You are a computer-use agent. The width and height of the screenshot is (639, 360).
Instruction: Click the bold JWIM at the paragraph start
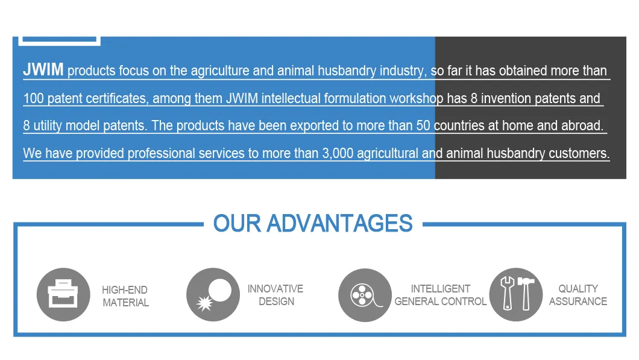[43, 70]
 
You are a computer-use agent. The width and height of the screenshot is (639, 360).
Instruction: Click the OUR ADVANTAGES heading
[313, 224]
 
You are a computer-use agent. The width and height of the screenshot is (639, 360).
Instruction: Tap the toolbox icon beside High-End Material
[63, 294]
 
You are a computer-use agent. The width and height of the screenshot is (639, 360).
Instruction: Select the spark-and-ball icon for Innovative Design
[213, 294]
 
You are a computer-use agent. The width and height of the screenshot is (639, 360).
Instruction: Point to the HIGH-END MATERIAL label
[125, 296]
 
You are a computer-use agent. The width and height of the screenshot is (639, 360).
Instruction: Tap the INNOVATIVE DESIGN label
[275, 295]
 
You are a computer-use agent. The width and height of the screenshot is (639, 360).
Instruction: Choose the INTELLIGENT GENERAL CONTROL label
[440, 295]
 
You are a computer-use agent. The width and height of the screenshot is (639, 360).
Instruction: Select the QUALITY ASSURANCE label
[578, 295]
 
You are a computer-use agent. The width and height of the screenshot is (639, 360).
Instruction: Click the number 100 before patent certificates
[33, 98]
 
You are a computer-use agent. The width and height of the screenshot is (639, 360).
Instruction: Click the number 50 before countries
[423, 125]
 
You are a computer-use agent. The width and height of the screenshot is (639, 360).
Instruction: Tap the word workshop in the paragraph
[416, 98]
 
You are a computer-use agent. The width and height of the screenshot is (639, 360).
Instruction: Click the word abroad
[582, 125]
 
